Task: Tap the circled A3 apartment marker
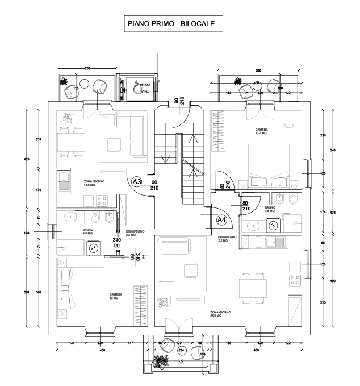tap(136, 181)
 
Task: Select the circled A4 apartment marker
tap(222, 219)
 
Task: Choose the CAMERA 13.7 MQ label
tap(261, 131)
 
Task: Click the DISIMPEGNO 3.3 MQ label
tap(135, 233)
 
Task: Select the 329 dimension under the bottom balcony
tap(181, 361)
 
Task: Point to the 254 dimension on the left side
tap(39, 140)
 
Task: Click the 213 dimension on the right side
tap(323, 302)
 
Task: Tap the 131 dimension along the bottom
tap(72, 343)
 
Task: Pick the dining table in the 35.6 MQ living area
tap(250, 287)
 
